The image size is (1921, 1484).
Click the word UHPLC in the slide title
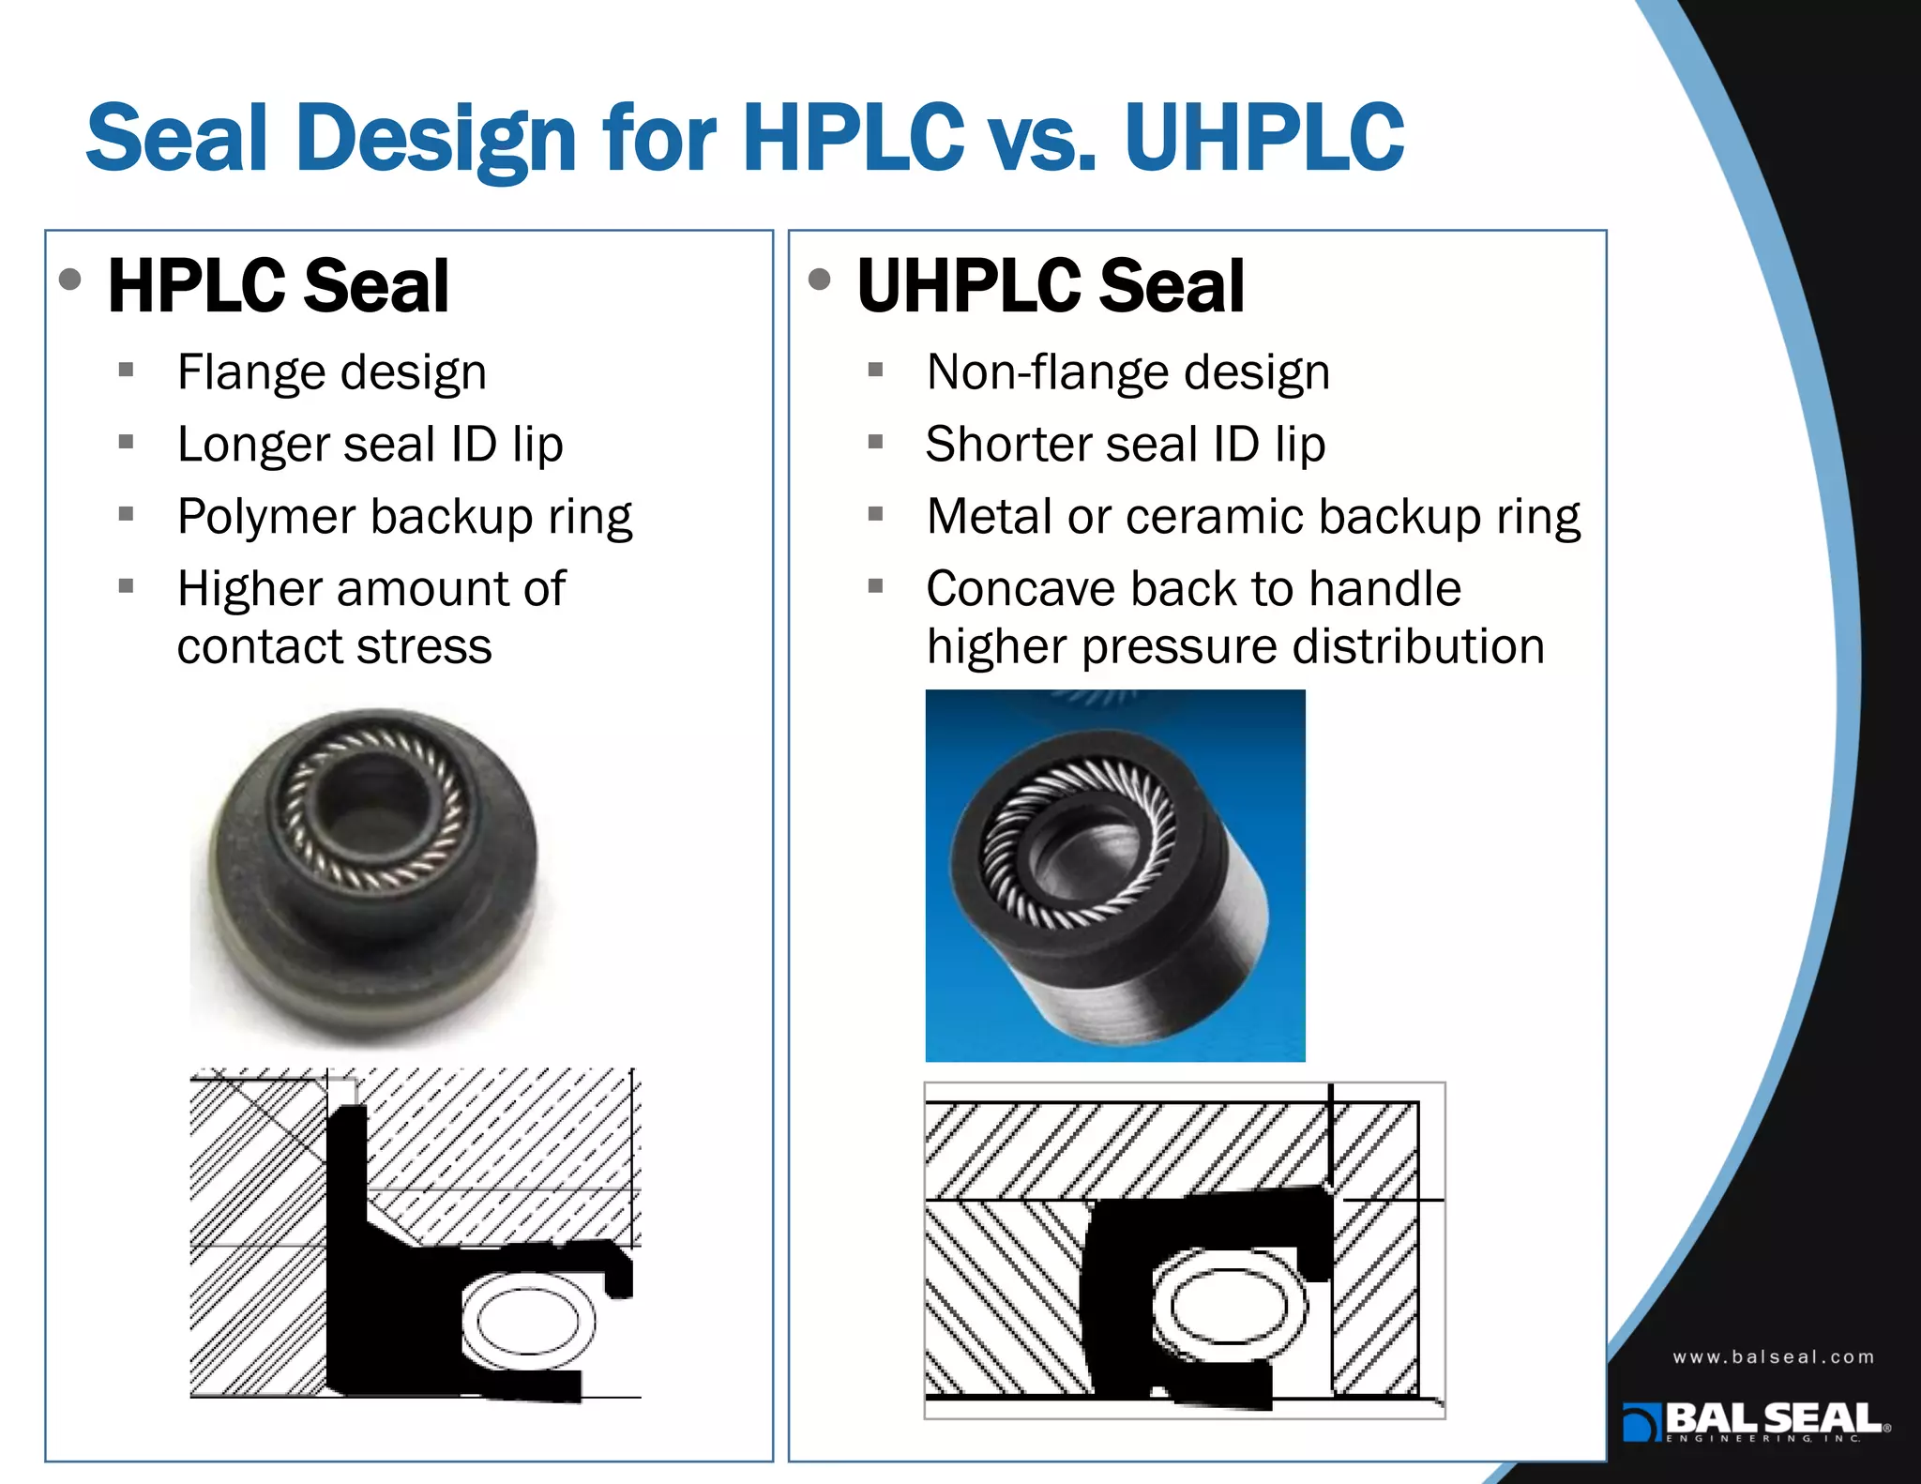(1263, 139)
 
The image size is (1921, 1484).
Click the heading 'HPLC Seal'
(279, 286)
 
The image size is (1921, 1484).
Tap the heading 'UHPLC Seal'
(1051, 286)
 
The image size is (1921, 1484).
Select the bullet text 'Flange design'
(332, 372)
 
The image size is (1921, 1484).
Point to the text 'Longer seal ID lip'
(371, 445)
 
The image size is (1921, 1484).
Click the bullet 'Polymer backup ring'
(404, 517)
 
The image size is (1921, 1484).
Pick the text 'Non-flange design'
(1128, 372)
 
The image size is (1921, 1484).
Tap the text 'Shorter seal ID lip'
(1126, 445)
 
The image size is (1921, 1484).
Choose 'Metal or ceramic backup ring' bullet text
(1253, 517)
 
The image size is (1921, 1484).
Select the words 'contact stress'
(334, 647)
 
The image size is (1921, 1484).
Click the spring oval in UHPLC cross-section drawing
(1228, 1305)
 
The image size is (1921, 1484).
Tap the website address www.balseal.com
(1773, 1357)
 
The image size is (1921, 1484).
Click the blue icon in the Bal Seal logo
(1641, 1422)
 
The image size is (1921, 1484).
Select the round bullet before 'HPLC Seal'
(70, 280)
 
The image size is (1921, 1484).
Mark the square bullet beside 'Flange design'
(127, 370)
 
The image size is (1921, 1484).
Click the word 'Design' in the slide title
(436, 139)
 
